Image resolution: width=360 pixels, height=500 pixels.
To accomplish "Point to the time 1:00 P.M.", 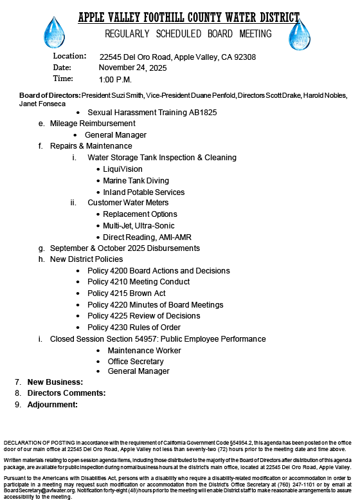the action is (x=115, y=79).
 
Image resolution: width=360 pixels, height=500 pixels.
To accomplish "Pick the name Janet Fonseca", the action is (x=43, y=103).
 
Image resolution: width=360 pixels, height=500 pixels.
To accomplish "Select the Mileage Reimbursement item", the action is (x=93, y=123).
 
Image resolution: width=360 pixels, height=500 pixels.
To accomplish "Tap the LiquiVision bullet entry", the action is (x=124, y=169).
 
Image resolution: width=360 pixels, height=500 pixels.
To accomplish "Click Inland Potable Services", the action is (x=143, y=192).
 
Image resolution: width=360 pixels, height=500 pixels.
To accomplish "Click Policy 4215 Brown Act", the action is (x=126, y=293).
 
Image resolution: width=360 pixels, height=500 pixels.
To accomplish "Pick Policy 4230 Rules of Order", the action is (x=135, y=327).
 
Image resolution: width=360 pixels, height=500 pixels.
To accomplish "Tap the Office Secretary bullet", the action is (x=135, y=361).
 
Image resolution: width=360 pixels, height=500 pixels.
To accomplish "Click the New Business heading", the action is (x=55, y=382).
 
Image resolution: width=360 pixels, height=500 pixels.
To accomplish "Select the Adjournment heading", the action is (x=52, y=405).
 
